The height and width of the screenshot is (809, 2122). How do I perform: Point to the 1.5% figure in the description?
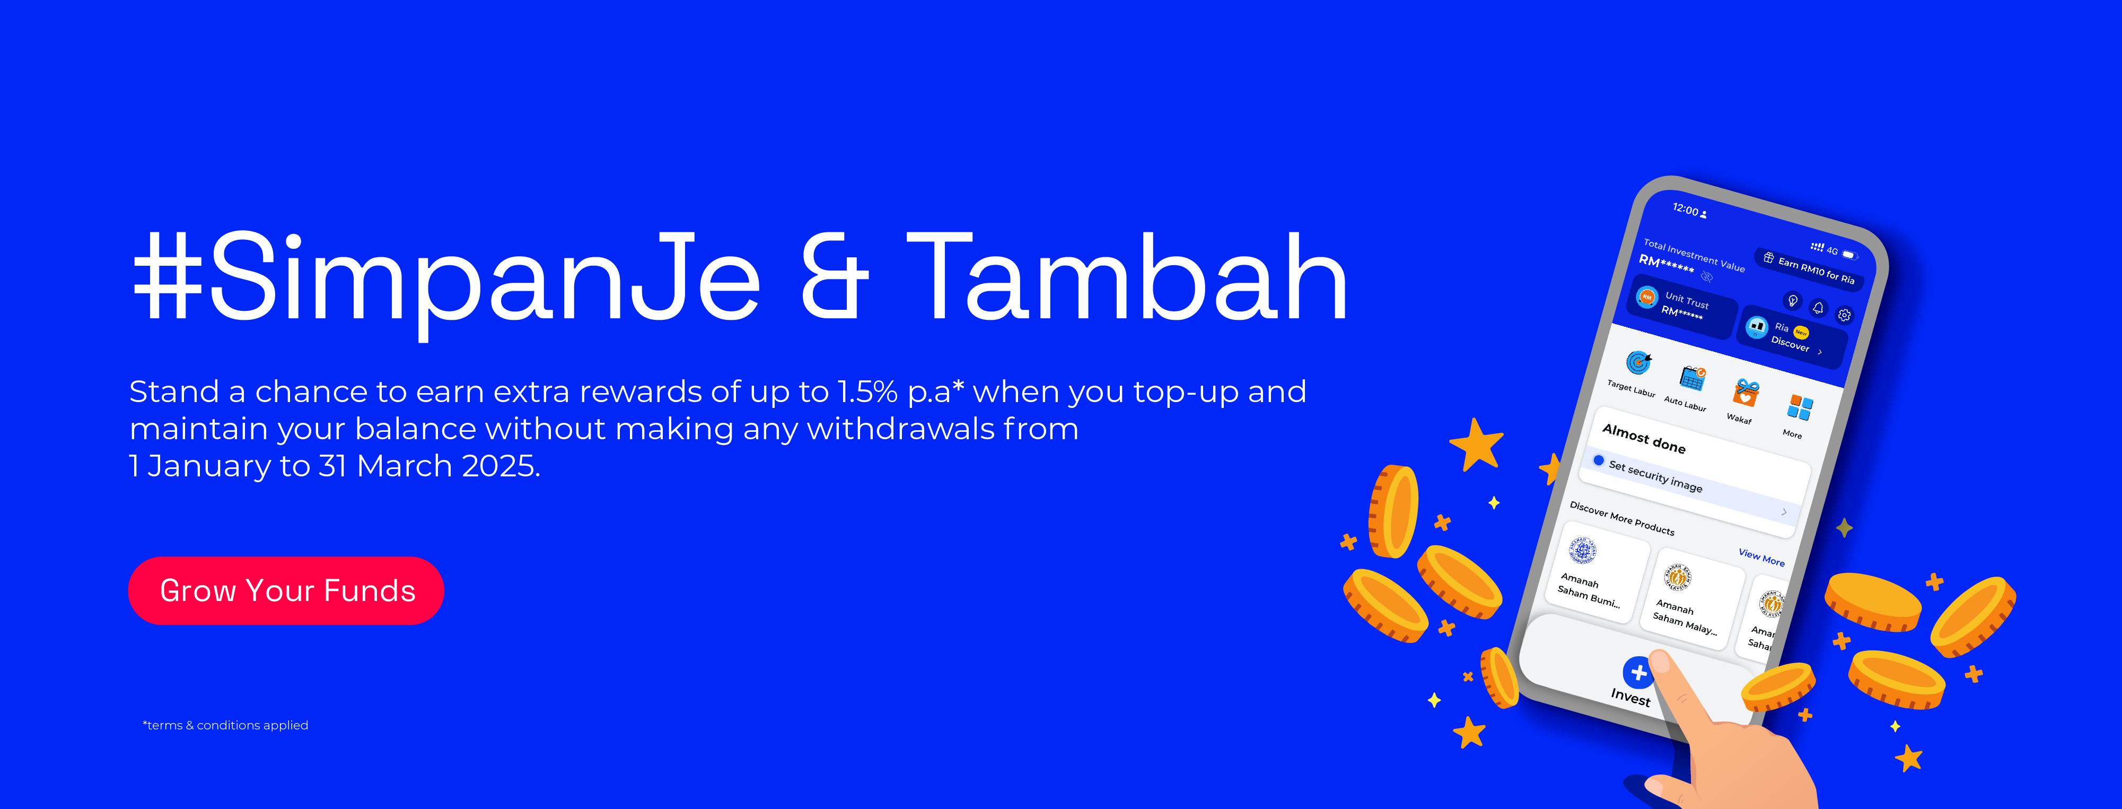(x=867, y=392)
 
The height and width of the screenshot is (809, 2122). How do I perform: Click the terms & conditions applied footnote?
(x=226, y=725)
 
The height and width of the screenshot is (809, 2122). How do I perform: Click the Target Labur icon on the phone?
(x=1638, y=362)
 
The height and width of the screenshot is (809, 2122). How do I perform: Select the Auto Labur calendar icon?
(x=1693, y=378)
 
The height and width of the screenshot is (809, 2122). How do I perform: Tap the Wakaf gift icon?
(x=1746, y=393)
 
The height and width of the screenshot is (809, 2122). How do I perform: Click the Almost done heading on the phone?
(x=1643, y=438)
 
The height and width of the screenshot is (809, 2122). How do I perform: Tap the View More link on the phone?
(x=1761, y=557)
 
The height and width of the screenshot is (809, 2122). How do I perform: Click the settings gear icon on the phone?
(x=1844, y=315)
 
